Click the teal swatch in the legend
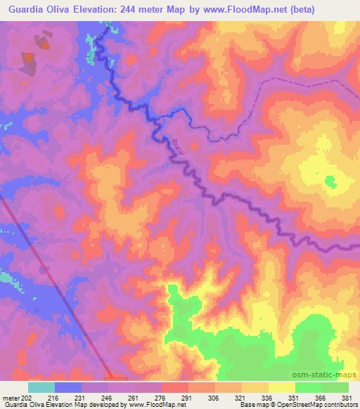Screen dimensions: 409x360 coord(41,387)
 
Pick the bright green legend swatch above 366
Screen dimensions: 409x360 coord(308,387)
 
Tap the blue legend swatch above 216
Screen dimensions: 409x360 coord(68,387)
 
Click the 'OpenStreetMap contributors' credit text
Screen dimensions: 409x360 coord(316,405)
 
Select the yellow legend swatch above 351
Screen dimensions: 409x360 coord(281,387)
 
